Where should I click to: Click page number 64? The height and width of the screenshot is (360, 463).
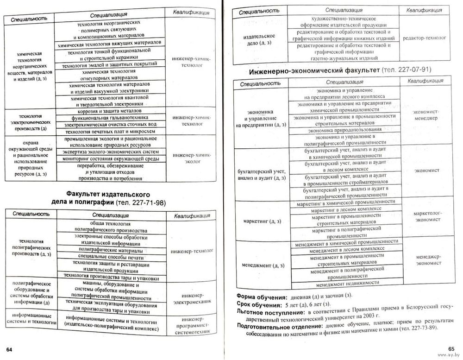click(8, 348)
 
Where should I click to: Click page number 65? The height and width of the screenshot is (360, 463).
click(451, 349)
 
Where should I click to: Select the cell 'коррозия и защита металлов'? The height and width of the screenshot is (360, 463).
click(110, 111)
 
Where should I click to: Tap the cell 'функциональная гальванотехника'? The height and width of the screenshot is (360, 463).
click(110, 118)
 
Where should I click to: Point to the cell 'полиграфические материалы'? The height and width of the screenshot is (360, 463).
click(110, 249)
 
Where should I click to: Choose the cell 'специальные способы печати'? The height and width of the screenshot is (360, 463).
click(110, 256)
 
